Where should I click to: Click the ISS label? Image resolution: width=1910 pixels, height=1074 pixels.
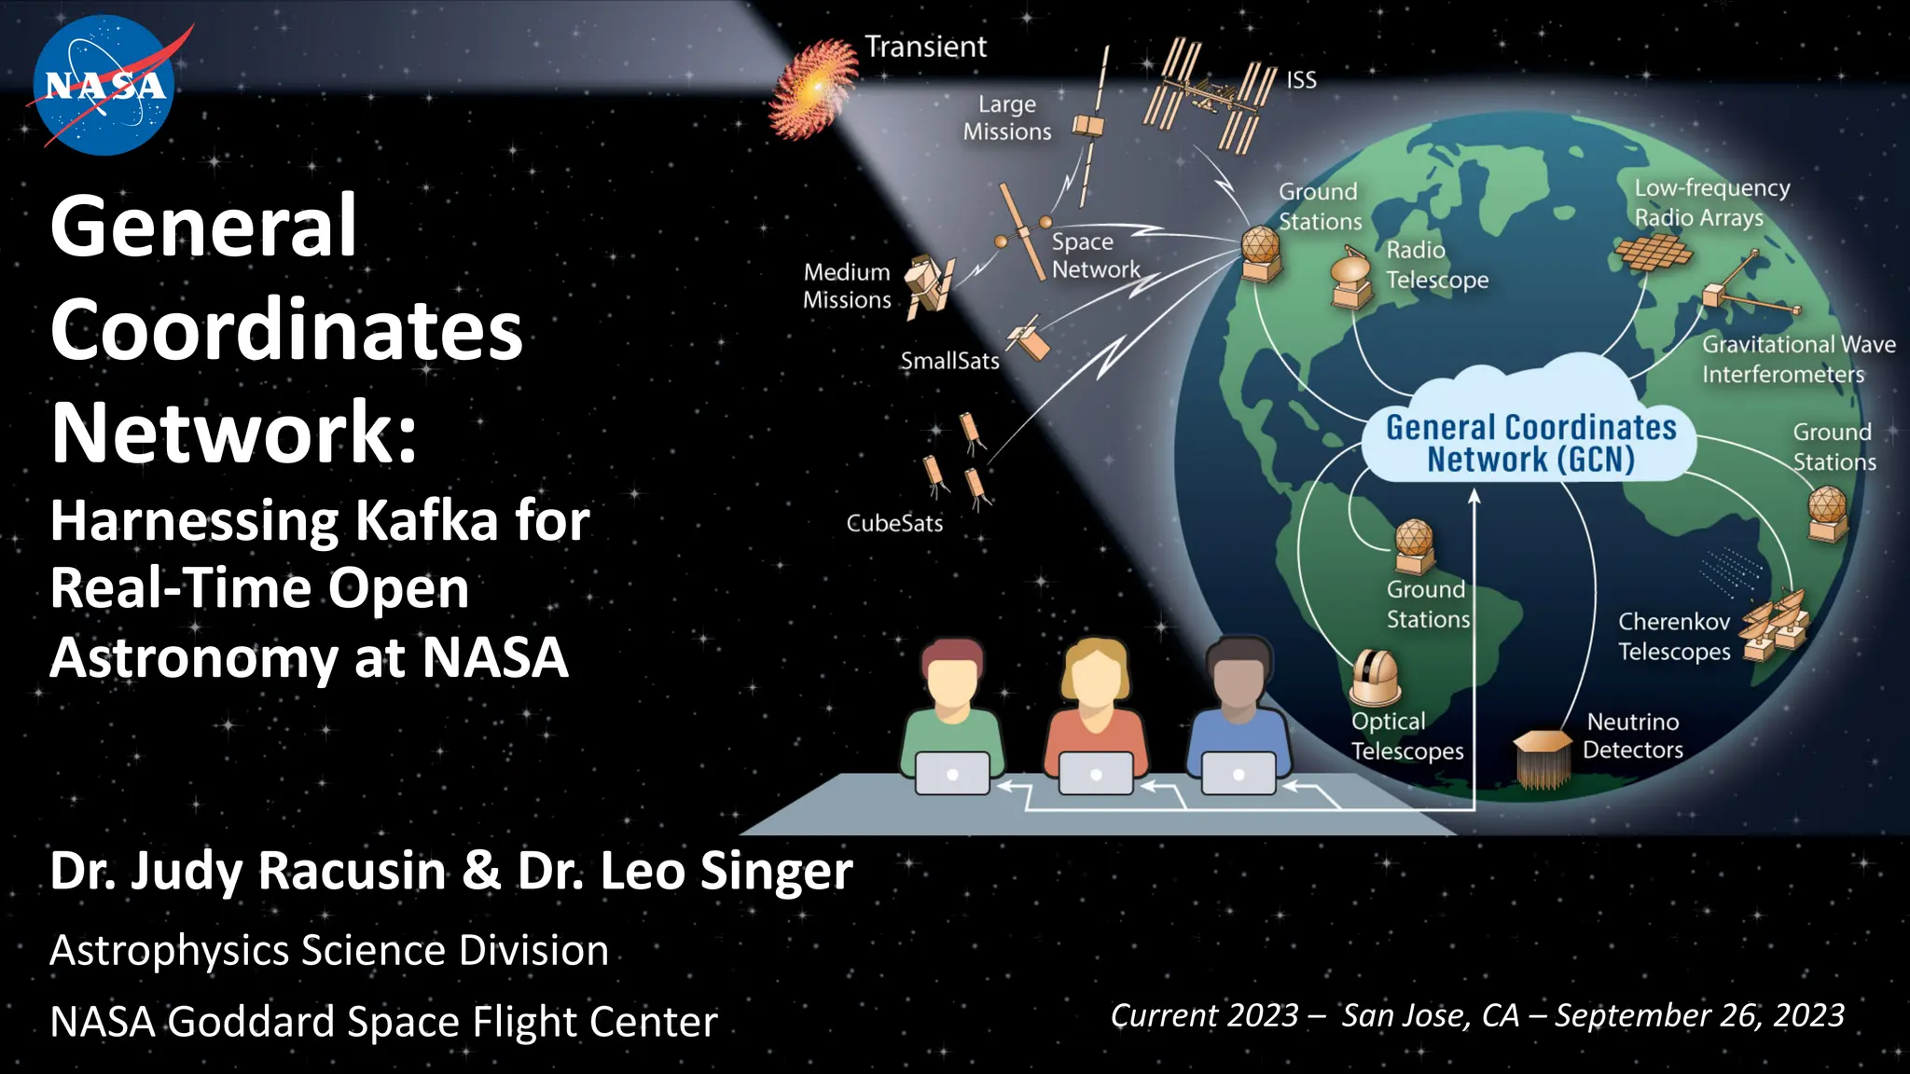pyautogui.click(x=1301, y=80)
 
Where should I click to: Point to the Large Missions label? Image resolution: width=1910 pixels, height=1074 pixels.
pyautogui.click(x=1007, y=117)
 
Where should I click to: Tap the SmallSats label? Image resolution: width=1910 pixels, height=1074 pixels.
pyautogui.click(x=949, y=361)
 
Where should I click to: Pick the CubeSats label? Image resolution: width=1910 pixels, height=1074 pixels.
pyautogui.click(x=894, y=523)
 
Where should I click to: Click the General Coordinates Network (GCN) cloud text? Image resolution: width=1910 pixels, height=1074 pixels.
pyautogui.click(x=1530, y=443)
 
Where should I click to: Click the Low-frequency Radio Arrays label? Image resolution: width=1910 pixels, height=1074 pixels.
pyautogui.click(x=1711, y=202)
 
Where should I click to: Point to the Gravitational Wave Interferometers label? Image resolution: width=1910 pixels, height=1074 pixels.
pyautogui.click(x=1797, y=359)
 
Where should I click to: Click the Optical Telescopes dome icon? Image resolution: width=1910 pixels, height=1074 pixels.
pyautogui.click(x=1375, y=678)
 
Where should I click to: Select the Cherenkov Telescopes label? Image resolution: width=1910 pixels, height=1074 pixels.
pyautogui.click(x=1674, y=636)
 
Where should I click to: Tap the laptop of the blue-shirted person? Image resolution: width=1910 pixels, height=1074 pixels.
pyautogui.click(x=1239, y=774)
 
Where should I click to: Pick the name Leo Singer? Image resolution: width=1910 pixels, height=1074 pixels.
pyautogui.click(x=685, y=870)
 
